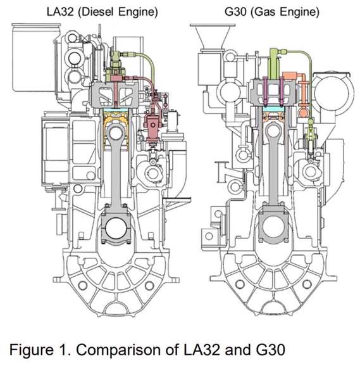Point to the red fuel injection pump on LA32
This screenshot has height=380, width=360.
click(x=152, y=127)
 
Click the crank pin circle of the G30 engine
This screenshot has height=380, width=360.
click(x=274, y=227)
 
